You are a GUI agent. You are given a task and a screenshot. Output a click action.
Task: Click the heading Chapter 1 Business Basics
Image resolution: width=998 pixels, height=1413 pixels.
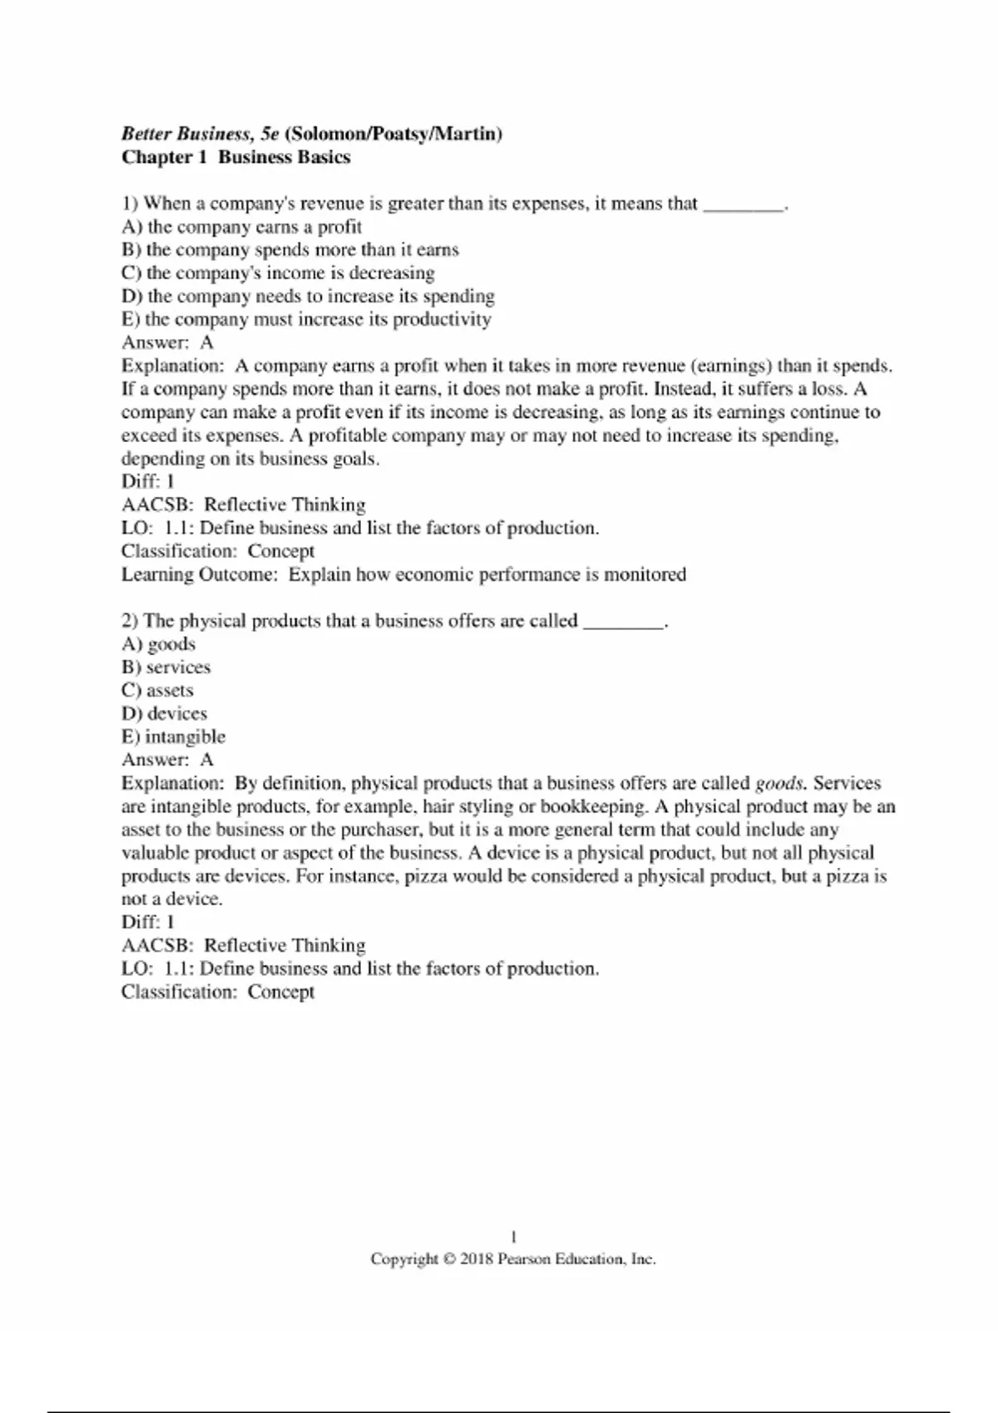(235, 157)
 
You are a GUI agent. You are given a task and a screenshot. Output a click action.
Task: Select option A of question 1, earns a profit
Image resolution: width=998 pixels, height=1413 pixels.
(241, 227)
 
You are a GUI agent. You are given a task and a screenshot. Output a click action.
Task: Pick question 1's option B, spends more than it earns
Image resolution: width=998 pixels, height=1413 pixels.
(289, 250)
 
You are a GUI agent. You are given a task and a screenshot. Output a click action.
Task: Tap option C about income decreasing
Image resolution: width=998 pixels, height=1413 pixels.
(278, 273)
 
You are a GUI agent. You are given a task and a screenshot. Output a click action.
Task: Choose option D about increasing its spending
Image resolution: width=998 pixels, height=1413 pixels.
(308, 297)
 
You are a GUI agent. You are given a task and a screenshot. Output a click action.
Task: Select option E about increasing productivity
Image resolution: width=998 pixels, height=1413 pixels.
(306, 320)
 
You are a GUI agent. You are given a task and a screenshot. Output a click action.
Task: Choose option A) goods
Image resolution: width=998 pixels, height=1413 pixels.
(158, 644)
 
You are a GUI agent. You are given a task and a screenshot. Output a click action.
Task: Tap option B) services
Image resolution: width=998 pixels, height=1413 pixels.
(166, 667)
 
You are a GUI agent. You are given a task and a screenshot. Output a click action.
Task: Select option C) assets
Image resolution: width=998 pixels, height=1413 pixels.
(157, 691)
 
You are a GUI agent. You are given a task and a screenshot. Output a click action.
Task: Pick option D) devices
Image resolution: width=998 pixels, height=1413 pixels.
(164, 714)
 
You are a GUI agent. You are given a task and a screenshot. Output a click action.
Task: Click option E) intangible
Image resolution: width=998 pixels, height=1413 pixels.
(173, 737)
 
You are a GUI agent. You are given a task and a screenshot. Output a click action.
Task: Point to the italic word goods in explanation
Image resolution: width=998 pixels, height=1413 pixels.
(778, 784)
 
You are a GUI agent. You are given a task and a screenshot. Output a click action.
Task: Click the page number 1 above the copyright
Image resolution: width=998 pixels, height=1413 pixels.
(513, 1236)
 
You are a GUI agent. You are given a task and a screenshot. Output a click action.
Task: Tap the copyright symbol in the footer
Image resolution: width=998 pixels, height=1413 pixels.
(448, 1259)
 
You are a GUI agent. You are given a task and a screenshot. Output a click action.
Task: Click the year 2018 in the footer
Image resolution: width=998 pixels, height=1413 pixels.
(476, 1259)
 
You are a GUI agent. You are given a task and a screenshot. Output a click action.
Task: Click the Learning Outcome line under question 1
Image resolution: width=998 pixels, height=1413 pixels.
(403, 574)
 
